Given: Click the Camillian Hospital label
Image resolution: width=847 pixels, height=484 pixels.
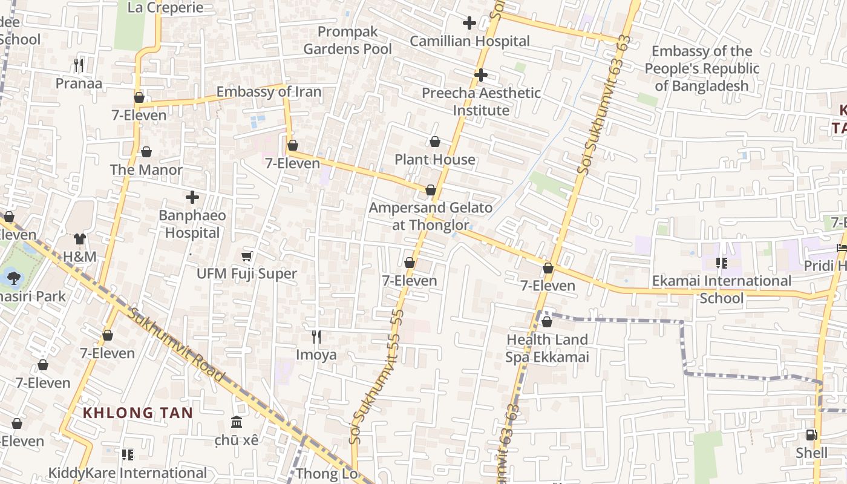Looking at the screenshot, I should (469, 41).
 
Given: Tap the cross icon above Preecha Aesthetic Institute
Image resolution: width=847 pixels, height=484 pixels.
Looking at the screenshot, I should (481, 75).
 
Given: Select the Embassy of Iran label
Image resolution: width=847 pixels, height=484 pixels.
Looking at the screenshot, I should (269, 92).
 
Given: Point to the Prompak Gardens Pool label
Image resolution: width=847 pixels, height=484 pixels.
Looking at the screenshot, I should (347, 41).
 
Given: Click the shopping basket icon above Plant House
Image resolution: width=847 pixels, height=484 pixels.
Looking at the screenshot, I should (434, 142).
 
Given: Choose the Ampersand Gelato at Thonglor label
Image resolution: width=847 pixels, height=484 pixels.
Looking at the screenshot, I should (431, 217).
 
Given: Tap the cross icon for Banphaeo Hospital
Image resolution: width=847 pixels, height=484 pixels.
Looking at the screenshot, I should (192, 197).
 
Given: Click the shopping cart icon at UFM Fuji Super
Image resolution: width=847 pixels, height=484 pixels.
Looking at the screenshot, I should (247, 256).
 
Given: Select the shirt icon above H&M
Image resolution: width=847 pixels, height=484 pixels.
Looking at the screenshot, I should (80, 239).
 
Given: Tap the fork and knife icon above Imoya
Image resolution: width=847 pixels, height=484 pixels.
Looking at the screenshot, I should (316, 336).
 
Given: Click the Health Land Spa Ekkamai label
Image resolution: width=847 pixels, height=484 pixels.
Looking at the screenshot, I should (547, 348).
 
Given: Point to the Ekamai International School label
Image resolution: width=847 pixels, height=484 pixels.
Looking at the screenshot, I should (721, 289).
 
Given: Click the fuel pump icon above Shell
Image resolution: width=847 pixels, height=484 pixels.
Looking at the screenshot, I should (811, 435).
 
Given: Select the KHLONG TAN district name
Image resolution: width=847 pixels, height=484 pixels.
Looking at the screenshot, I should (138, 413).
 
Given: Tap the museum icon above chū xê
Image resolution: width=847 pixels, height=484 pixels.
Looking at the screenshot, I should (237, 422).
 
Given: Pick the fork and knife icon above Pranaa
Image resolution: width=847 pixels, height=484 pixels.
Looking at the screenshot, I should (79, 65).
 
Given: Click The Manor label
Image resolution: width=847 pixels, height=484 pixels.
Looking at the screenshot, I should (146, 170).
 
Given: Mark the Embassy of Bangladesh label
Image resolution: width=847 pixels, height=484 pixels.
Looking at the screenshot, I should (702, 68).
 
